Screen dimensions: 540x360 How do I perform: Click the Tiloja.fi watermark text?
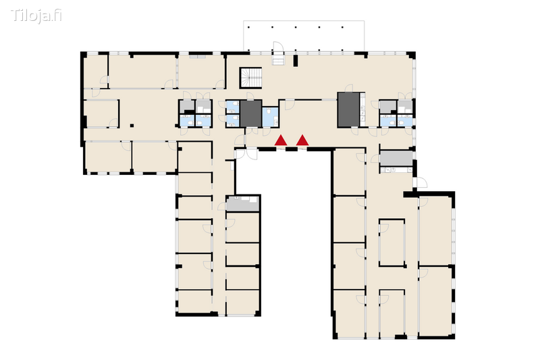pyautogui.click(x=36, y=16)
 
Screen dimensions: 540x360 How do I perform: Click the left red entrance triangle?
pyautogui.click(x=281, y=140)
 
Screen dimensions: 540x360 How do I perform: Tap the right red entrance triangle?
pyautogui.click(x=302, y=140)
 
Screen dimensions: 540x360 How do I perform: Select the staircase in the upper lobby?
pyautogui.click(x=251, y=78)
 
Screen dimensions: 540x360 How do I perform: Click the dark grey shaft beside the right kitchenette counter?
pyautogui.click(x=348, y=109)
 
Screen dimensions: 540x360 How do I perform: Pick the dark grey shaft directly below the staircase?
pyautogui.click(x=250, y=113)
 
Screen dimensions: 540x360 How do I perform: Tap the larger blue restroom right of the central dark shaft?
pyautogui.click(x=271, y=117)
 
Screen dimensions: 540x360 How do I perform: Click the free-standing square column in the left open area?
pyautogui.click(x=132, y=126)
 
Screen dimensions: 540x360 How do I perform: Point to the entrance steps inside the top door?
pyautogui.click(x=279, y=60)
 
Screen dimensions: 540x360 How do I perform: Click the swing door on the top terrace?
pyautogui.click(x=278, y=47)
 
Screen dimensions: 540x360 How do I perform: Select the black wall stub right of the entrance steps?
pyautogui.click(x=296, y=61)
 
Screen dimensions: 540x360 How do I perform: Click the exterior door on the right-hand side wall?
pyautogui.click(x=421, y=182)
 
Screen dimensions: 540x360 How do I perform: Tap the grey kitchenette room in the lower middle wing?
pyautogui.click(x=242, y=203)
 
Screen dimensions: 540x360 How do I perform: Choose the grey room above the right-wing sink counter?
pyautogui.click(x=396, y=158)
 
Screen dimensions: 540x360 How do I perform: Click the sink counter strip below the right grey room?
pyautogui.click(x=396, y=170)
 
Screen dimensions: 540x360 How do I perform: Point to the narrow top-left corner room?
pyautogui.click(x=96, y=72)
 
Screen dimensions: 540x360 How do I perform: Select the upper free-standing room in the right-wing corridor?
pyautogui.click(x=391, y=242)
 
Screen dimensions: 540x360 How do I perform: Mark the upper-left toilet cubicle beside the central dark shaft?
pyautogui.click(x=232, y=107)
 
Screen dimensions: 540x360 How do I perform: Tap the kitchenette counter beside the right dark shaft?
pyautogui.click(x=362, y=109)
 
